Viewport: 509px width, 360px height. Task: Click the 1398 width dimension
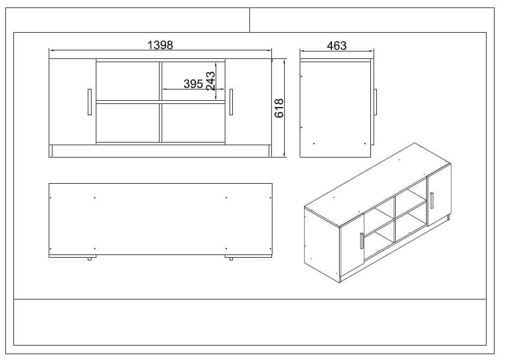(160, 45)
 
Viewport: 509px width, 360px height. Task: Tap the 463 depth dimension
(337, 46)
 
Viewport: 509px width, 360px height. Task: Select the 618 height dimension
(278, 108)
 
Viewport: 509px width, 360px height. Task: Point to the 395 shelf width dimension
(193, 84)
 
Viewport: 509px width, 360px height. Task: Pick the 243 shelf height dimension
(210, 81)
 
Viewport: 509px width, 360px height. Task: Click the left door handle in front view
(89, 102)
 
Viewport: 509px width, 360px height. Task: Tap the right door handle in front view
(231, 102)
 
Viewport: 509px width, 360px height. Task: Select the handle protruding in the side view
(376, 101)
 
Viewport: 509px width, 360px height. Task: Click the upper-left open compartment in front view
(127, 80)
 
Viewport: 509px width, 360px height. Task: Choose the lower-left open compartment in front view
(127, 123)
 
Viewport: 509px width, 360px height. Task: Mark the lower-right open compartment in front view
(193, 123)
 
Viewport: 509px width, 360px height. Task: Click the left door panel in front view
(72, 102)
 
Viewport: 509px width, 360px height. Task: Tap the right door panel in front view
(248, 102)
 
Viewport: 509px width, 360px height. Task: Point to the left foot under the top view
(89, 259)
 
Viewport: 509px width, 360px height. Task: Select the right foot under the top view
(231, 259)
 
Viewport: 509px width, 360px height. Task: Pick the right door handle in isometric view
(430, 200)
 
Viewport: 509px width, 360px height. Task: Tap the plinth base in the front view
(160, 151)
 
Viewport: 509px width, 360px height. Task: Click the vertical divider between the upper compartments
(160, 80)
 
